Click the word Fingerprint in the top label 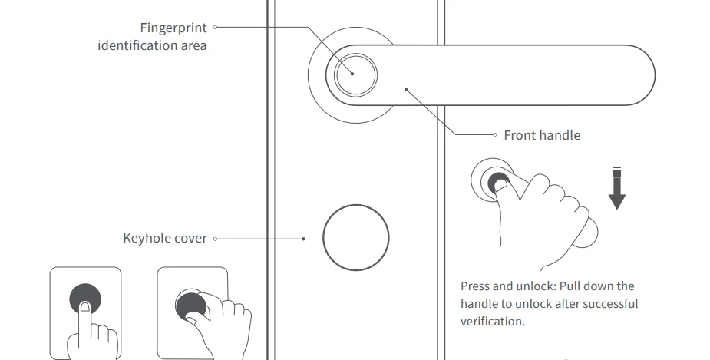174,28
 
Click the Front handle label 542,135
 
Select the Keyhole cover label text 165,239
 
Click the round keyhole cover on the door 356,238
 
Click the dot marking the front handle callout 407,90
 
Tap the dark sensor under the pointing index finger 85,299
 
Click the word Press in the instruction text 475,286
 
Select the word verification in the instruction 491,322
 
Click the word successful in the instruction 609,304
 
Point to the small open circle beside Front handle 495,135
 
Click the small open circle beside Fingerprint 216,28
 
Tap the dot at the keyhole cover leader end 304,239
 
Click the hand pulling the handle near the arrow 541,211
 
